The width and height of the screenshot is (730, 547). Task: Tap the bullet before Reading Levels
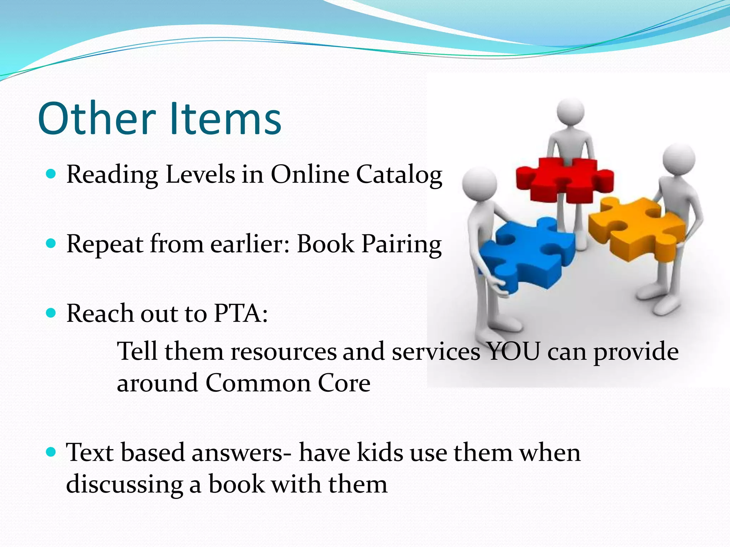tap(51, 174)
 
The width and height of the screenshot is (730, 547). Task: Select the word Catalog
tap(399, 175)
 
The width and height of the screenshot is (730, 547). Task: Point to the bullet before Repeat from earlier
tap(51, 244)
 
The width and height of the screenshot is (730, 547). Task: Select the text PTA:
tap(241, 313)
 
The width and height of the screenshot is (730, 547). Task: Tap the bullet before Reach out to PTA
tap(51, 313)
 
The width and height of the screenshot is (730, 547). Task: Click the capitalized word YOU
tap(513, 351)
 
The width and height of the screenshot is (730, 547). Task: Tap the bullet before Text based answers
tap(51, 452)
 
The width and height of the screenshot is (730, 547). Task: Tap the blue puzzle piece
tap(528, 255)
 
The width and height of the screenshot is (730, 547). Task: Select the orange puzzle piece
tap(638, 228)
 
